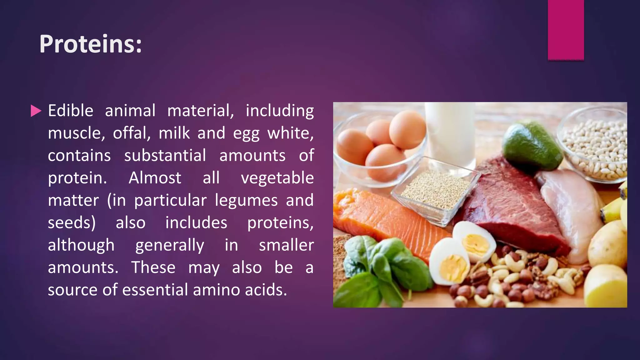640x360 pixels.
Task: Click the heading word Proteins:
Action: [x=91, y=44]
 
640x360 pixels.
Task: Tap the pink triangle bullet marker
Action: [x=36, y=111]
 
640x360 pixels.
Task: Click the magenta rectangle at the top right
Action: [x=566, y=30]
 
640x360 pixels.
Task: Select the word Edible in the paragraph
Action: [x=71, y=111]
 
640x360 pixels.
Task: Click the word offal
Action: [x=132, y=133]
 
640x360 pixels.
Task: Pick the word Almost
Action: [x=155, y=178]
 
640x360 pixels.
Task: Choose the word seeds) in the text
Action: [x=72, y=223]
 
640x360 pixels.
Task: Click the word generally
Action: [x=170, y=245]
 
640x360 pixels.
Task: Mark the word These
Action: [x=153, y=268]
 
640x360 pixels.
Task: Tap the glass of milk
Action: [x=450, y=131]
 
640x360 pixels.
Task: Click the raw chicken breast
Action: [x=572, y=212]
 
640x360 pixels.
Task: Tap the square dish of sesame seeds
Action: [x=434, y=191]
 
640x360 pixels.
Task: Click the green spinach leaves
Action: [x=384, y=269]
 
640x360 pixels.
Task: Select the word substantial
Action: [x=165, y=156]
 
